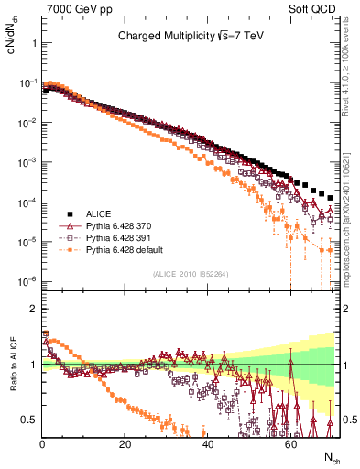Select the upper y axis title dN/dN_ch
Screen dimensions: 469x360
coord(12,37)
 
